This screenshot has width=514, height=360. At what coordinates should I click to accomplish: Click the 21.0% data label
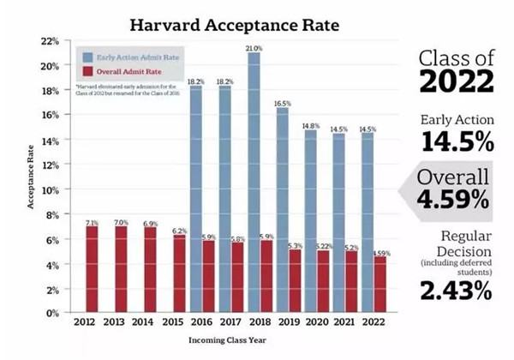click(254, 48)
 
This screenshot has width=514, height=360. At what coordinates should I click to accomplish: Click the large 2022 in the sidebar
click(455, 84)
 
